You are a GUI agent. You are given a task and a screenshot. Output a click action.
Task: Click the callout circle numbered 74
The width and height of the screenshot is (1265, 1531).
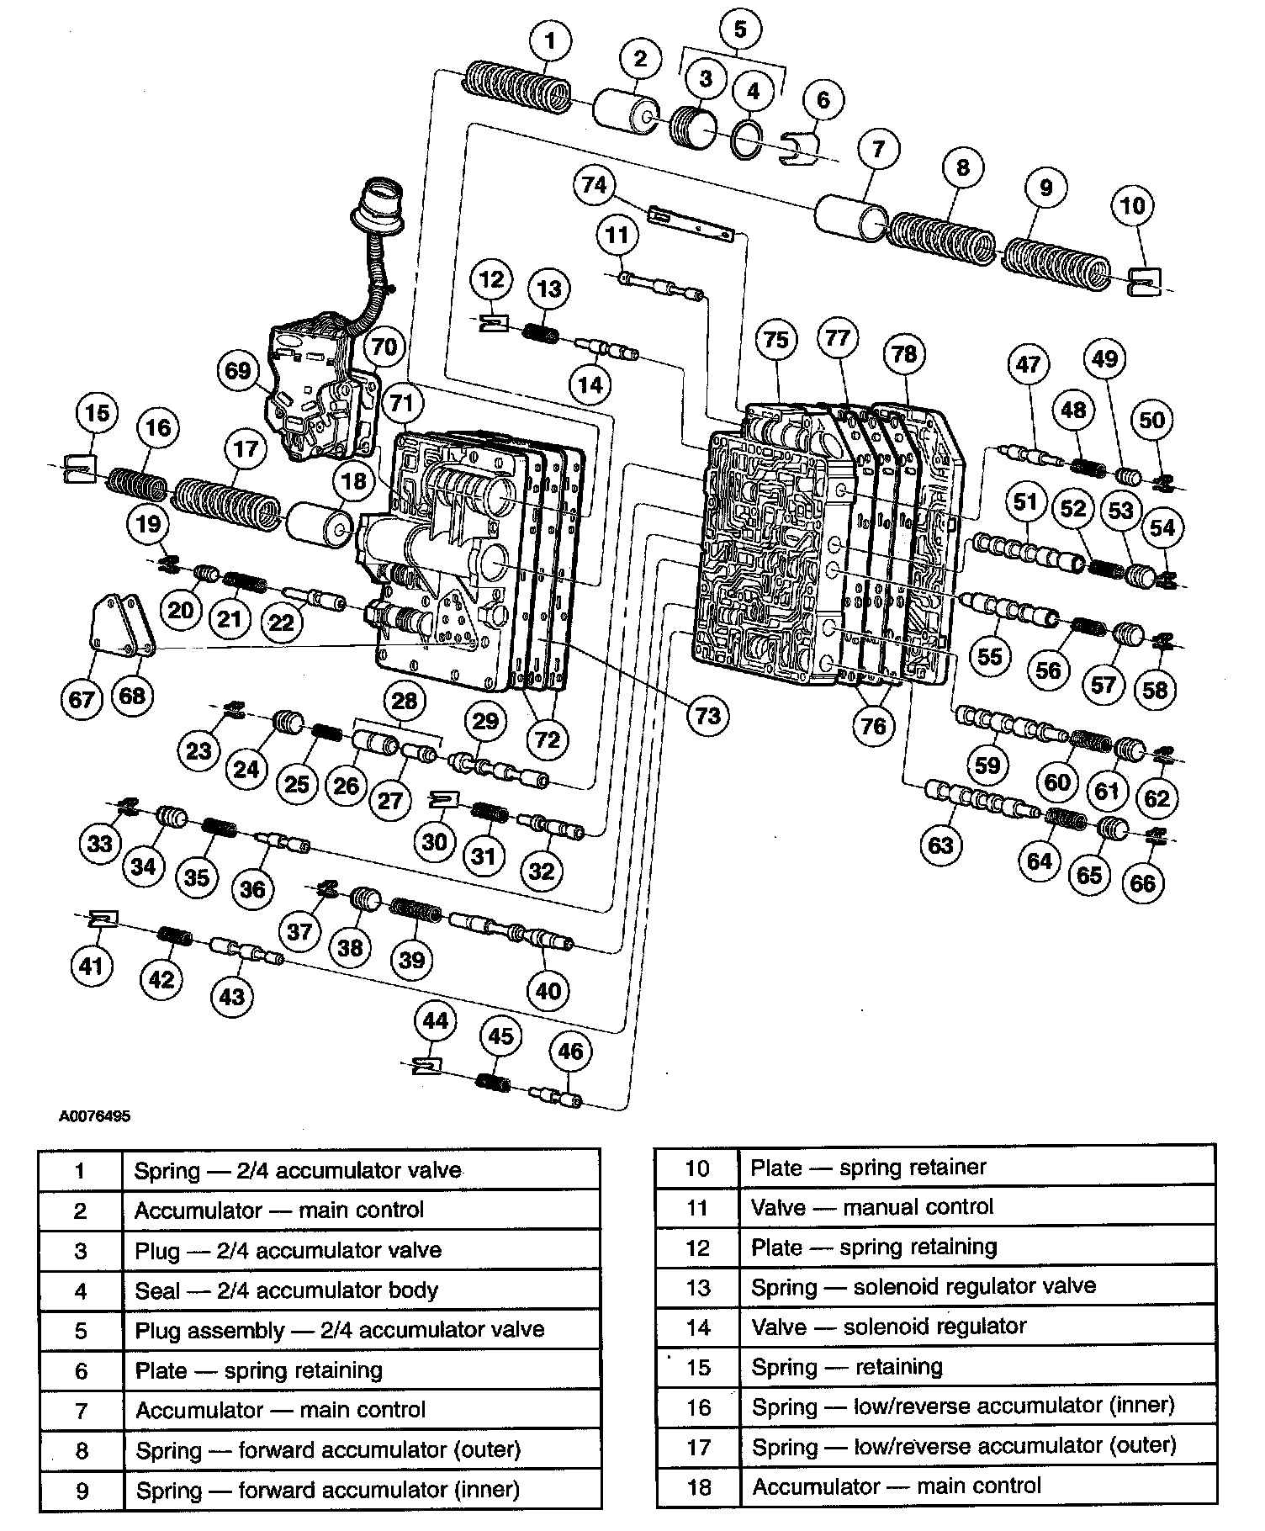click(x=595, y=184)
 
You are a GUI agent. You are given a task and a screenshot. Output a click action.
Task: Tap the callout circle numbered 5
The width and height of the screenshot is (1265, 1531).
click(x=739, y=29)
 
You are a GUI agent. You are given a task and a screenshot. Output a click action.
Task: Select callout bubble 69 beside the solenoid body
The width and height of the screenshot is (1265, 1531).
click(x=238, y=370)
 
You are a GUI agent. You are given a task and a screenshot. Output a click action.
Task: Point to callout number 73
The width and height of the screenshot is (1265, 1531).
click(x=707, y=715)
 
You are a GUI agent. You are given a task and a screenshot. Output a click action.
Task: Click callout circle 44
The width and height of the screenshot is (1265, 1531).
click(x=436, y=1021)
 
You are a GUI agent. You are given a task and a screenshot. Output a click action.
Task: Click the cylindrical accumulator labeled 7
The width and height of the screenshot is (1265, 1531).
click(x=850, y=217)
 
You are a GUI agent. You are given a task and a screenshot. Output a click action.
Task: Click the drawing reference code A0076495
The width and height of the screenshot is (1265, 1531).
click(x=94, y=1117)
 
